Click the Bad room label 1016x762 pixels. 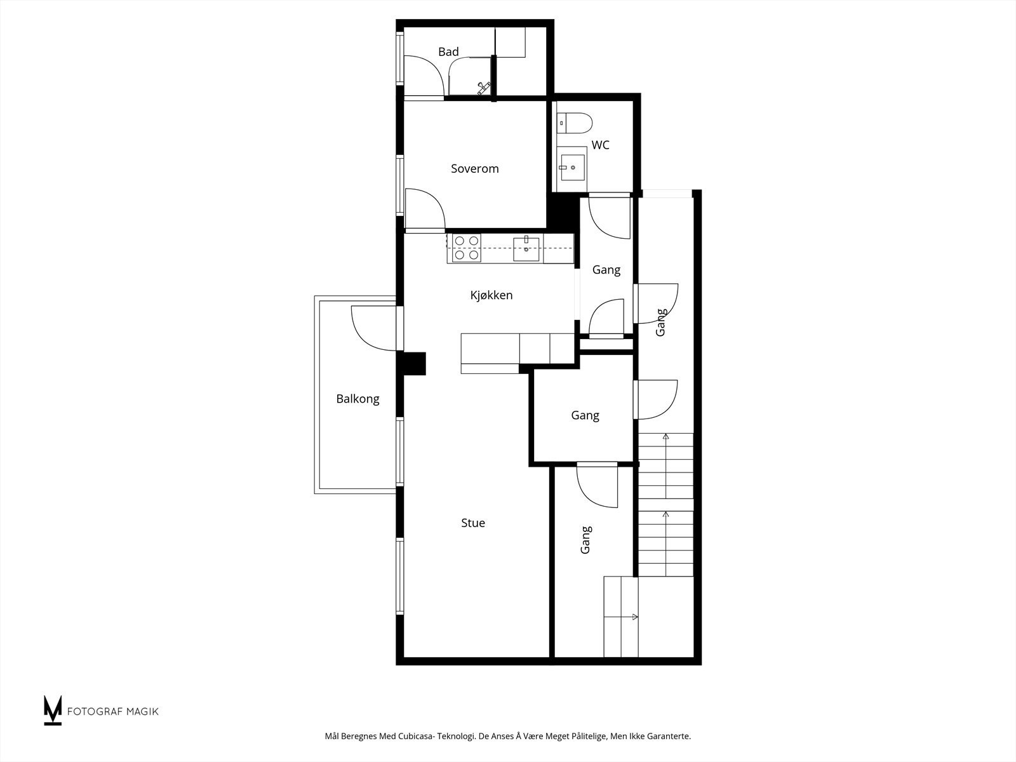pyautogui.click(x=448, y=52)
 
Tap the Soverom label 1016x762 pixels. pyautogui.click(x=475, y=169)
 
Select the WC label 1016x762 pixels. pyautogui.click(x=600, y=145)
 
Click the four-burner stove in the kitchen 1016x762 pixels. pyautogui.click(x=465, y=248)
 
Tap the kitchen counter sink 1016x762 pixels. pyautogui.click(x=526, y=248)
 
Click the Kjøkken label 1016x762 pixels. pyautogui.click(x=491, y=295)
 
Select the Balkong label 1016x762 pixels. pyautogui.click(x=358, y=399)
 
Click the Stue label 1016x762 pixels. pyautogui.click(x=473, y=523)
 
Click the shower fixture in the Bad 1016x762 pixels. pyautogui.click(x=485, y=88)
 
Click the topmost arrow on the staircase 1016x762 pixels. pyautogui.click(x=665, y=438)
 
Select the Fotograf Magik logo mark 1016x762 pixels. pyautogui.click(x=52, y=710)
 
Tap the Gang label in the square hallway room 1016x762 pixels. pyautogui.click(x=585, y=416)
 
